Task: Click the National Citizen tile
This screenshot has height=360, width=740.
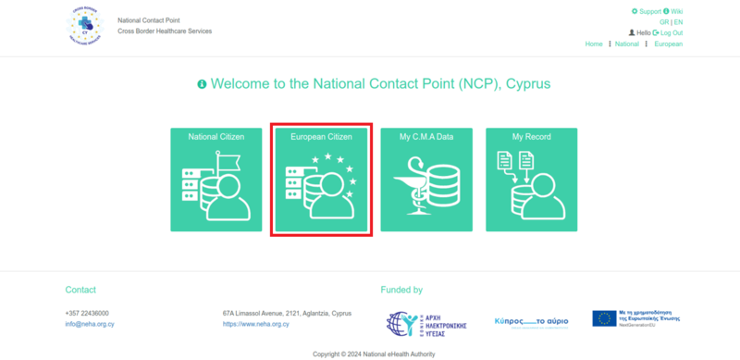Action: pos(216,180)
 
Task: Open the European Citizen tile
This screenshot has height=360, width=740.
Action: pos(321,180)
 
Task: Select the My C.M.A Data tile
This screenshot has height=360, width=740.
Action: pos(426,180)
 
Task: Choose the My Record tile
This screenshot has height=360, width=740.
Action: pos(532,180)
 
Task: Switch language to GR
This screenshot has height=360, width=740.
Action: pos(664,22)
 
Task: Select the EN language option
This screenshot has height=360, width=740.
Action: pos(678,22)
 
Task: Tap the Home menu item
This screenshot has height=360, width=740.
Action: pos(594,43)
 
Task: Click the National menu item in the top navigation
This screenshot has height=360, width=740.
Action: pos(626,43)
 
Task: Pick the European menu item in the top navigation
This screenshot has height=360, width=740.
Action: pos(668,43)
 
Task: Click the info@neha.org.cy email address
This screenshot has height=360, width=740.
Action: pos(90,324)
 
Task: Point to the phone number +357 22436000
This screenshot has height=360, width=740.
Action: pos(87,313)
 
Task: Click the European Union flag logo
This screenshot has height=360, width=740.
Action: pos(605,318)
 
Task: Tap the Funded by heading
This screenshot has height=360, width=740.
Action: pos(401,290)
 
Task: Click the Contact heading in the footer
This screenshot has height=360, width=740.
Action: pos(80,290)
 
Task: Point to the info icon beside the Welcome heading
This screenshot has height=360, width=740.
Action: pos(202,84)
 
